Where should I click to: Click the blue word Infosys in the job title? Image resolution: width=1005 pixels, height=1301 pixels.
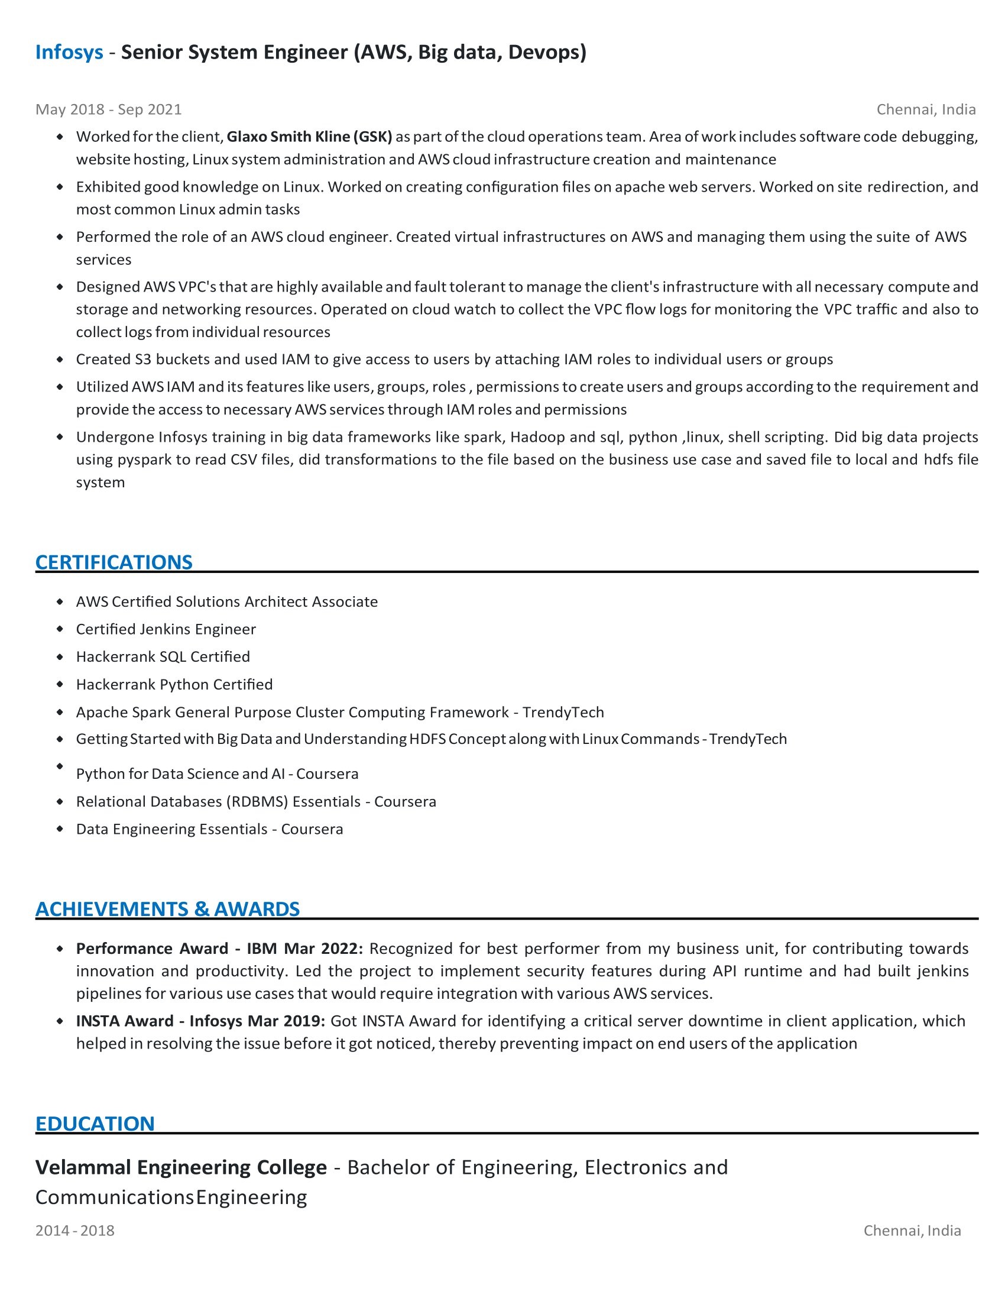pos(69,53)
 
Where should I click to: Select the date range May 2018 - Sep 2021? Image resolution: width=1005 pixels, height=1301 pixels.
pos(108,109)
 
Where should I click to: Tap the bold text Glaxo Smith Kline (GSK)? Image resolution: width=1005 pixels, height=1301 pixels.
pos(309,137)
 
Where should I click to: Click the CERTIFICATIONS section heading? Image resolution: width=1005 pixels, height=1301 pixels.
pos(114,562)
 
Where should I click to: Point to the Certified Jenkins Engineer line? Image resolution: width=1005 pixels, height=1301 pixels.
pos(166,629)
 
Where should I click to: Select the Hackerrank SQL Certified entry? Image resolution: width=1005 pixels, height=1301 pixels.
pos(163,656)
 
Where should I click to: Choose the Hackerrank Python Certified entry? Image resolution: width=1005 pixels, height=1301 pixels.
pos(174,684)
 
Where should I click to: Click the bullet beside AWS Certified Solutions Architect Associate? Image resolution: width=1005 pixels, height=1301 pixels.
pos(60,601)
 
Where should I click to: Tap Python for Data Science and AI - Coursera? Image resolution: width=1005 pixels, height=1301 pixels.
pos(217,774)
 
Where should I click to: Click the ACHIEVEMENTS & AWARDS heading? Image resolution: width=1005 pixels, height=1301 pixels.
pos(167,909)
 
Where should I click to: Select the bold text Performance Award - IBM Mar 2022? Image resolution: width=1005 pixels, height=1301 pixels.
pos(219,949)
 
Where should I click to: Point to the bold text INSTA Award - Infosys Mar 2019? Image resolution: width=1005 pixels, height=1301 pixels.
pos(200,1021)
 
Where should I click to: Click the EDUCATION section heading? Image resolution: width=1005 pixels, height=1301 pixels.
pos(95,1124)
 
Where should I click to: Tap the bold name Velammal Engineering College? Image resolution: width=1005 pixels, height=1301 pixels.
pos(181,1167)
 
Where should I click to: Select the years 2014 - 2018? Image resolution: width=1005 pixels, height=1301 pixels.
pos(75,1231)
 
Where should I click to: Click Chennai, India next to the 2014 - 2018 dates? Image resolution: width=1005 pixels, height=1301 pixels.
pos(912,1231)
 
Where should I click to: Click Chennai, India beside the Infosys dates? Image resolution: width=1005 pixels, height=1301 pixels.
pos(926,109)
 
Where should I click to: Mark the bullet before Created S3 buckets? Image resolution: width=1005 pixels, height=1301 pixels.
pos(60,359)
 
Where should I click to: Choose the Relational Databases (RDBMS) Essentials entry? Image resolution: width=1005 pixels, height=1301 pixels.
pos(255,802)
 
